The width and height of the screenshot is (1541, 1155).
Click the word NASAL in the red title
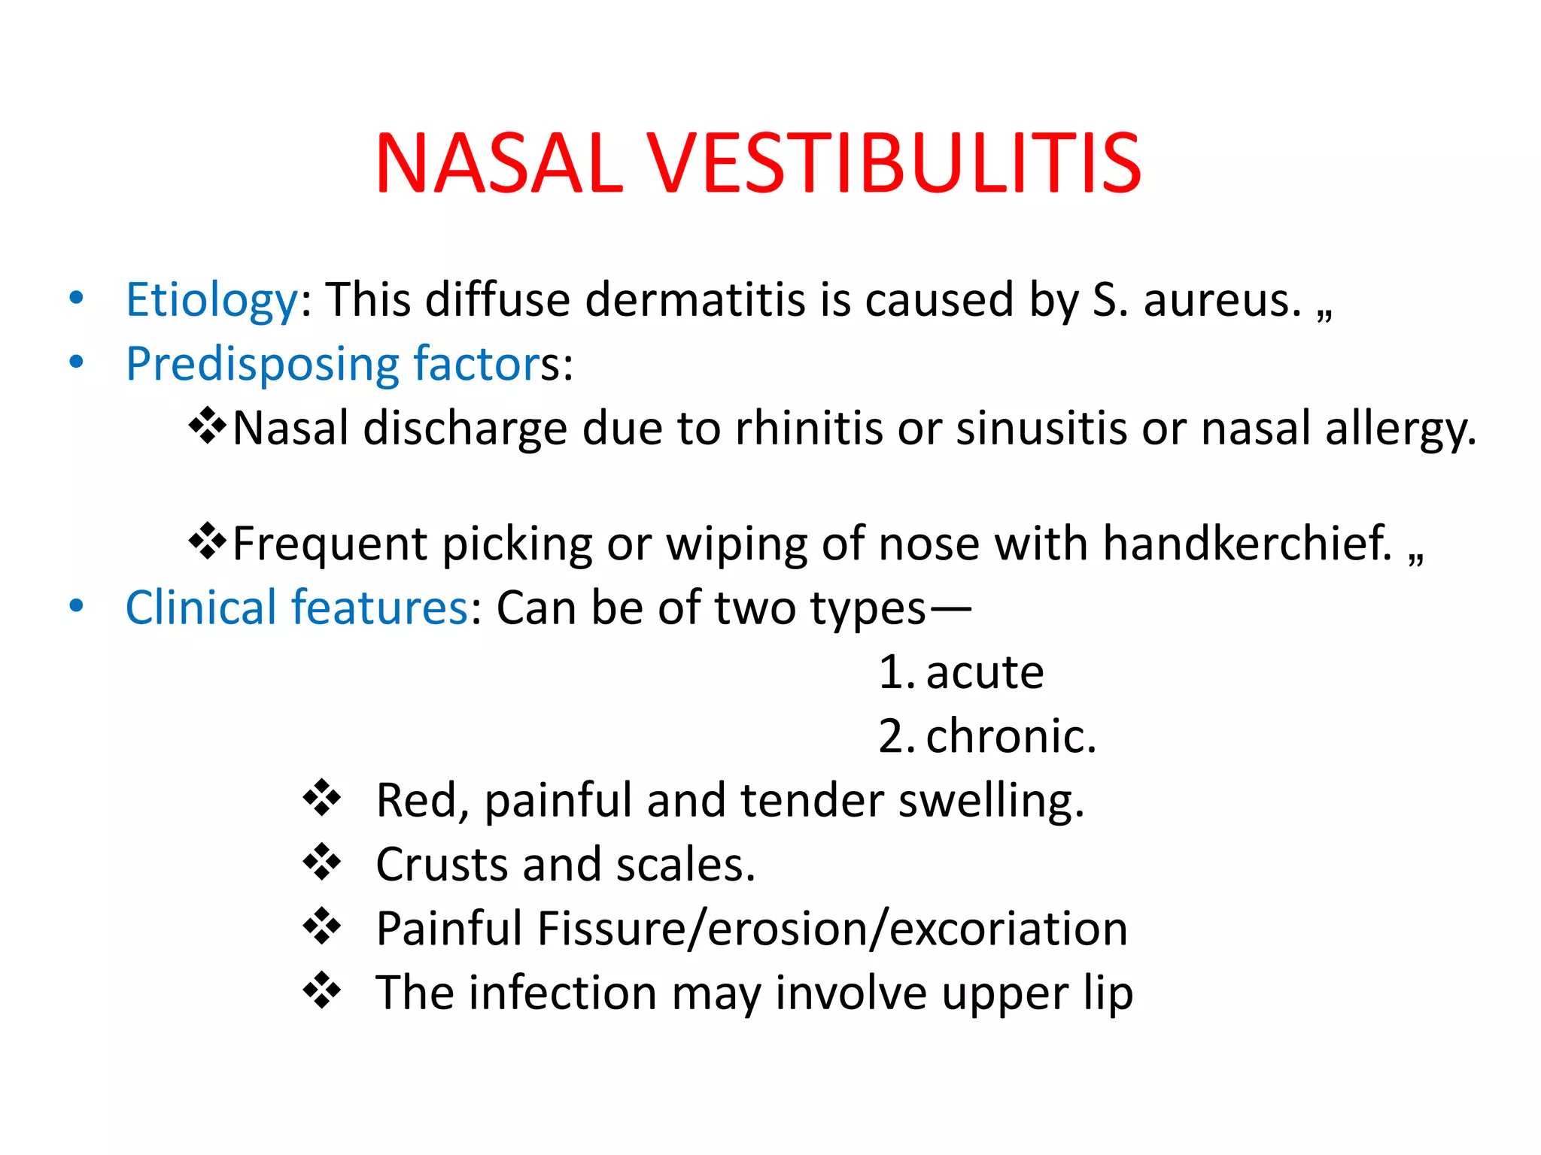coord(499,164)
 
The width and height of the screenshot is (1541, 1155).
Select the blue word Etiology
coord(211,300)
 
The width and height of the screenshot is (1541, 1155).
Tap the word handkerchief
coord(1247,543)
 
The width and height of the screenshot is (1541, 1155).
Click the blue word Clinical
coord(201,608)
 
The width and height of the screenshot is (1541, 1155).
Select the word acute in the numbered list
coord(984,672)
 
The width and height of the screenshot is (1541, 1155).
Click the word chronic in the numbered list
coord(1010,736)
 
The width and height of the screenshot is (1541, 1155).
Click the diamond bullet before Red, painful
coord(321,799)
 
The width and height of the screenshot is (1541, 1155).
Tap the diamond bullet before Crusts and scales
coord(321,862)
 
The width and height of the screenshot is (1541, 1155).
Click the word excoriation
coord(1008,929)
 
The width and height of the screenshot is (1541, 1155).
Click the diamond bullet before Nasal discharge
coord(208,426)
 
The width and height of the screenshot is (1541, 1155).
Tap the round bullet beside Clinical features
coord(76,606)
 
